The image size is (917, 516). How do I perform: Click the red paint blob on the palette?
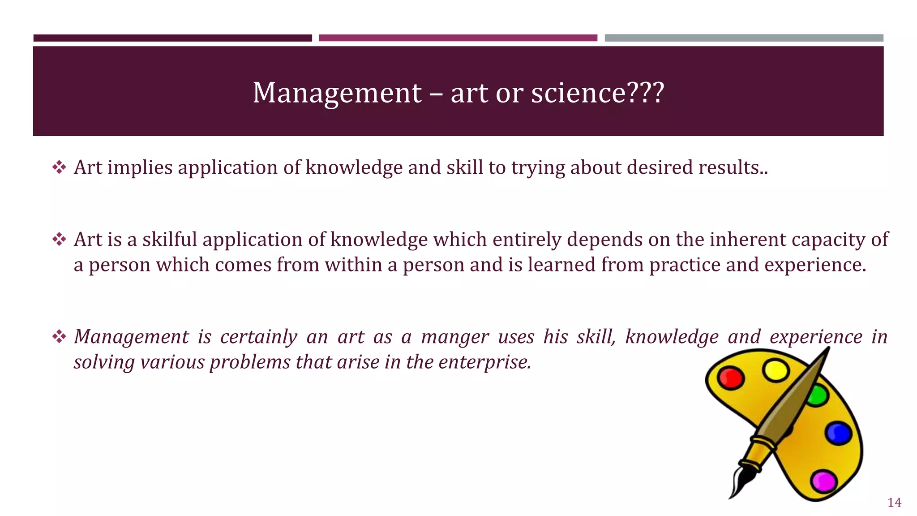coord(730,378)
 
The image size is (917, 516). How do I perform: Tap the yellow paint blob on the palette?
coord(776,370)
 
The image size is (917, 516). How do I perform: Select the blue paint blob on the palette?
coord(838,433)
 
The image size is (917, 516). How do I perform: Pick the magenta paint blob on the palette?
coord(824,482)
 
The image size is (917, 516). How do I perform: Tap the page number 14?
coord(894,503)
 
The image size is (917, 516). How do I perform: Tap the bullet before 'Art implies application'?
coord(59,168)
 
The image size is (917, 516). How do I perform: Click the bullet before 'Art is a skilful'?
coord(59,240)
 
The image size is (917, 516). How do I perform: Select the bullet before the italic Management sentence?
coord(59,337)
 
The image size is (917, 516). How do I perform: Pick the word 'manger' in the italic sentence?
coord(455,337)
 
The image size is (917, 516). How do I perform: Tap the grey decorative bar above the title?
coord(744,38)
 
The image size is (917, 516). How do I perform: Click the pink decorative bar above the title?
coord(458,38)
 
